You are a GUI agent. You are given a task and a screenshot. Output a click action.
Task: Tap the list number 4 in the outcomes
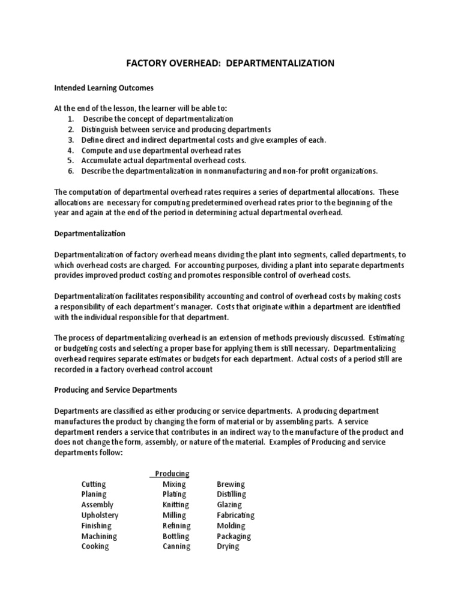70,150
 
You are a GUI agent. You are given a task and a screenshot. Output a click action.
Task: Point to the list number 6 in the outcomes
70,171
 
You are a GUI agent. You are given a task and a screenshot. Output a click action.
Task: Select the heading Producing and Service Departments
115,390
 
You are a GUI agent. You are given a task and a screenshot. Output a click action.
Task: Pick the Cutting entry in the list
94,484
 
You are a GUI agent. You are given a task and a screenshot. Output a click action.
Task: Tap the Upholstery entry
100,515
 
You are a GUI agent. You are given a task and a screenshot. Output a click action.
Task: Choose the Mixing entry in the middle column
174,484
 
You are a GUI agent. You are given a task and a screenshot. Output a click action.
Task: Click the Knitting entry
175,505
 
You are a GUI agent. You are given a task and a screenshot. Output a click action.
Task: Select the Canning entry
176,546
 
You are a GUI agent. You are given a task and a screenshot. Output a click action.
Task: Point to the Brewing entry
230,484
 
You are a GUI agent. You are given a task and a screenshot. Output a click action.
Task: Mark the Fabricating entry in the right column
235,515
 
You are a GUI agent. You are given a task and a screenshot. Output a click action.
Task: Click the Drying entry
227,546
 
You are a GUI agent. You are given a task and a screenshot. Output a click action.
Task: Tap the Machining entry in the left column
99,536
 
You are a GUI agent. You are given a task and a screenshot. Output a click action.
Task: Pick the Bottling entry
175,536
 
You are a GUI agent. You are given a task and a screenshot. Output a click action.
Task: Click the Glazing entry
229,505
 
